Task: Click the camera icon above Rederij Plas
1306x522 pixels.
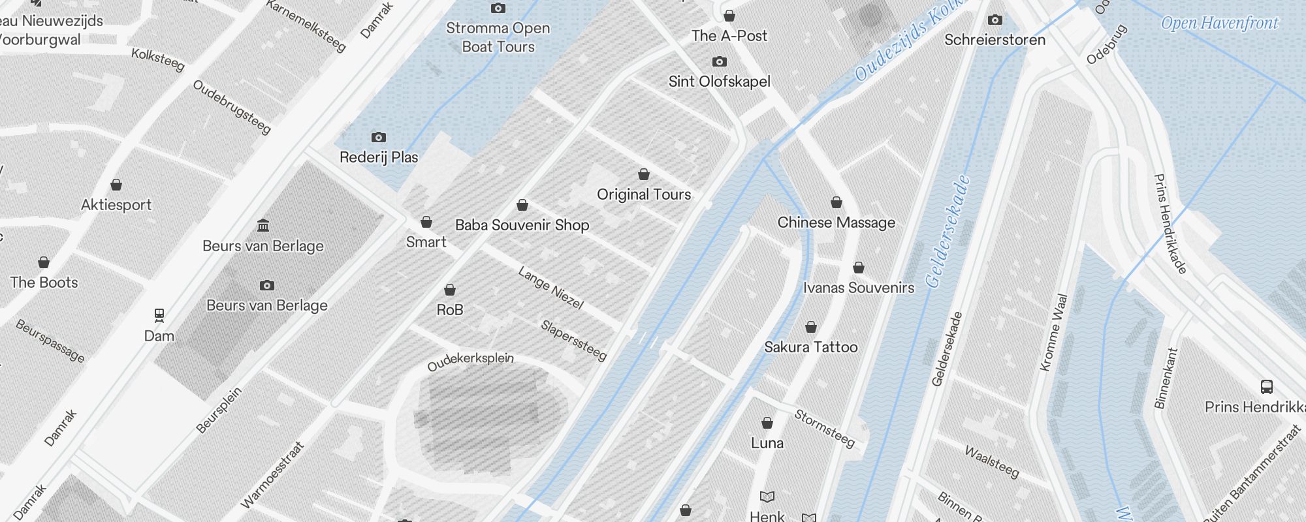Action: [x=378, y=137]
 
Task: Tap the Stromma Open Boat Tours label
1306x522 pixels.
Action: [x=498, y=37]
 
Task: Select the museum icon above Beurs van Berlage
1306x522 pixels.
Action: [x=263, y=226]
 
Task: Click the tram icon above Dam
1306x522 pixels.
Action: [x=159, y=316]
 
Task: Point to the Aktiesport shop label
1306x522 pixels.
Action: [x=116, y=205]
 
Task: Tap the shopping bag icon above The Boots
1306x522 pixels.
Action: [x=44, y=262]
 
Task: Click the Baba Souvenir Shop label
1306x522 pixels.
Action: [x=522, y=225]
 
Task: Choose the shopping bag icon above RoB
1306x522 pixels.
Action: [x=450, y=290]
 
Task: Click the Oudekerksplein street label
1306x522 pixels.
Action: [x=470, y=361]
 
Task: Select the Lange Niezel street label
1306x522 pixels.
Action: [x=550, y=288]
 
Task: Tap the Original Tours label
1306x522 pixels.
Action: [x=643, y=194]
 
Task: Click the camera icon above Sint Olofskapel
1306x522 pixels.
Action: [x=720, y=62]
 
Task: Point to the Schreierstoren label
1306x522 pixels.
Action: [x=995, y=40]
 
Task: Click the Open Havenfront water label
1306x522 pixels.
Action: [x=1219, y=23]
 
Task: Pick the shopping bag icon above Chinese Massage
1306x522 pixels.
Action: [x=836, y=202]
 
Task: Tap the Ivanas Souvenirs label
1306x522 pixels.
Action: [x=858, y=288]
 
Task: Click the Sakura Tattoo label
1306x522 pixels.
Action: [x=810, y=347]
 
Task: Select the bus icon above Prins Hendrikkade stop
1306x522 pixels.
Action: [x=1266, y=387]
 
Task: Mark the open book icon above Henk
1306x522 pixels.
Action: [x=767, y=497]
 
